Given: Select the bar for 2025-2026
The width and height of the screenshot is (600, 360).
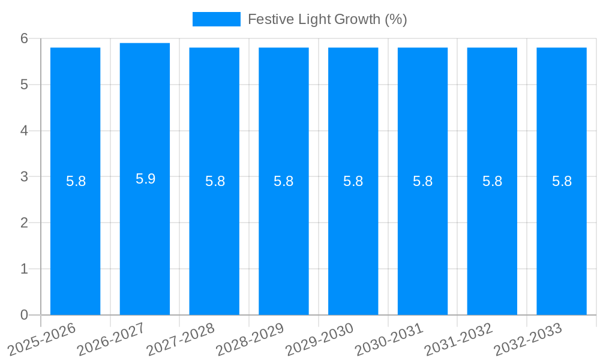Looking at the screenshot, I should [x=75, y=240].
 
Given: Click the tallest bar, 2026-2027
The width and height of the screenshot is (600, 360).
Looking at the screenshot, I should [x=145, y=240].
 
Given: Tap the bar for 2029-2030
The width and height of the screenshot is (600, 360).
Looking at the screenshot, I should [x=353, y=240].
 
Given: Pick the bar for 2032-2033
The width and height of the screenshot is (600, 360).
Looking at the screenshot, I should [x=562, y=240].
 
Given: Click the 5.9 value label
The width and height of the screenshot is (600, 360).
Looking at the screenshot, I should [x=145, y=179].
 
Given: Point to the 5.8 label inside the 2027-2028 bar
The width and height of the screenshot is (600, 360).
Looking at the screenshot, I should [x=215, y=181].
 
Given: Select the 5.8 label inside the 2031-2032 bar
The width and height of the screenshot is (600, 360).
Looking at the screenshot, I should [x=492, y=181].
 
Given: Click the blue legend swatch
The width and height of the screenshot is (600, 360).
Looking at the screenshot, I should [x=216, y=19].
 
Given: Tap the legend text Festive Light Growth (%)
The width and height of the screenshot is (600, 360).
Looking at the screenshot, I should [x=327, y=19].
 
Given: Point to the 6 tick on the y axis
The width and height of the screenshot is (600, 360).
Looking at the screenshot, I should [x=25, y=38].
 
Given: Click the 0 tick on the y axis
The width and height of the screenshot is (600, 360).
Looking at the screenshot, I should [x=25, y=315].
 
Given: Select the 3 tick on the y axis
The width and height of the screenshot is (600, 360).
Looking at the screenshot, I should [x=25, y=176].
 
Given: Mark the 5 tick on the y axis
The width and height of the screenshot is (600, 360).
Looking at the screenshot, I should [x=25, y=85].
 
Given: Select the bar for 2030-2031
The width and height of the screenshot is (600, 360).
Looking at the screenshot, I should [x=422, y=240].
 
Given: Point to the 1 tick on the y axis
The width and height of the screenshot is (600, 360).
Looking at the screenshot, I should [x=25, y=269].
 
